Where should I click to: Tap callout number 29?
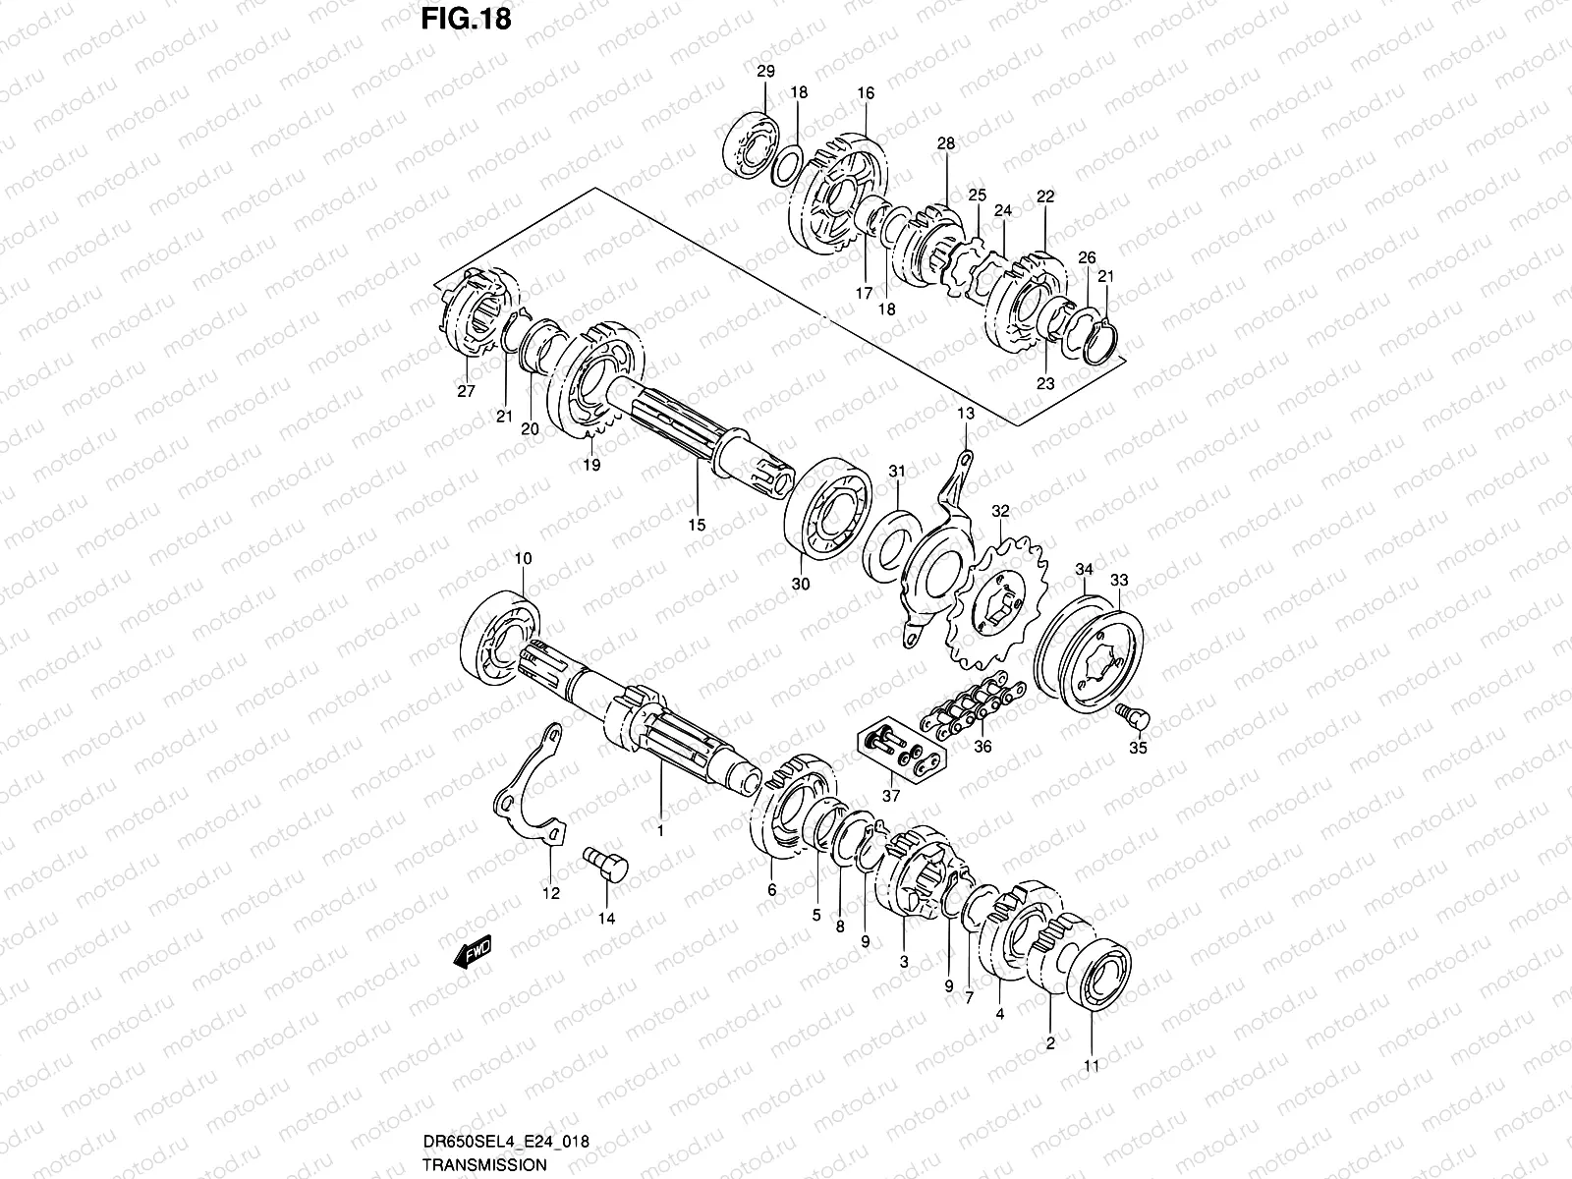click(x=765, y=71)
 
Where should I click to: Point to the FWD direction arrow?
click(x=473, y=952)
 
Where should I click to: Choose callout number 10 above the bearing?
click(x=523, y=558)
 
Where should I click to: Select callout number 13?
click(x=965, y=414)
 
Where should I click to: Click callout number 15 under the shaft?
click(x=697, y=525)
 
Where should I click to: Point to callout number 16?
click(x=865, y=93)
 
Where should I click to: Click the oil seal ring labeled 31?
click(x=889, y=545)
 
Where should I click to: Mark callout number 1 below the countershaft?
click(x=660, y=831)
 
